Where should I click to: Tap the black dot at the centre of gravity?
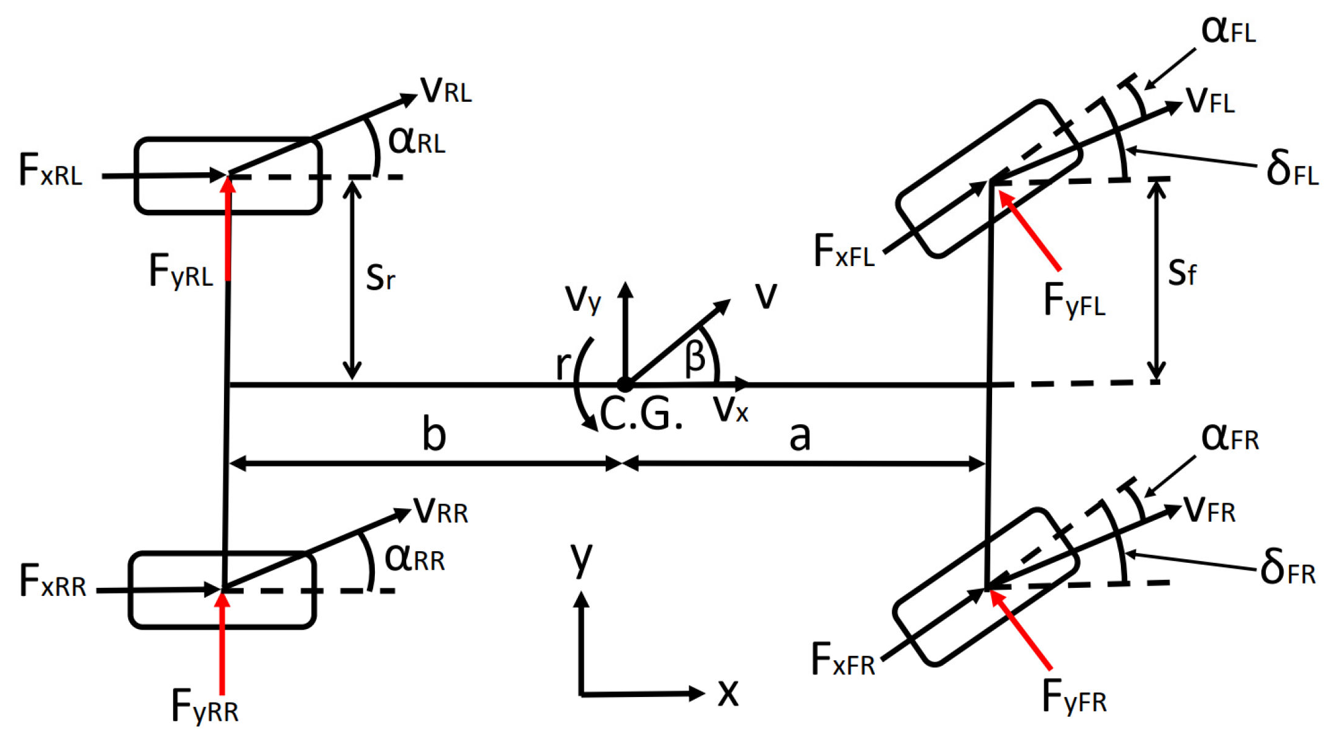click(x=625, y=385)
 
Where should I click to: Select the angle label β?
click(x=695, y=357)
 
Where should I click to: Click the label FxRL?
click(x=50, y=170)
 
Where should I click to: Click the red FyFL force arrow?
click(x=1030, y=231)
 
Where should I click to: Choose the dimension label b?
click(x=434, y=434)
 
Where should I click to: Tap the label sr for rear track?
click(x=380, y=277)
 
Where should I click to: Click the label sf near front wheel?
click(x=1181, y=272)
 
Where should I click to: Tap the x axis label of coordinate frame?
click(x=728, y=692)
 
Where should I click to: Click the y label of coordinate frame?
click(x=581, y=558)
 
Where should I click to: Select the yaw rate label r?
click(x=562, y=365)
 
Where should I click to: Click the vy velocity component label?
click(x=582, y=299)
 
